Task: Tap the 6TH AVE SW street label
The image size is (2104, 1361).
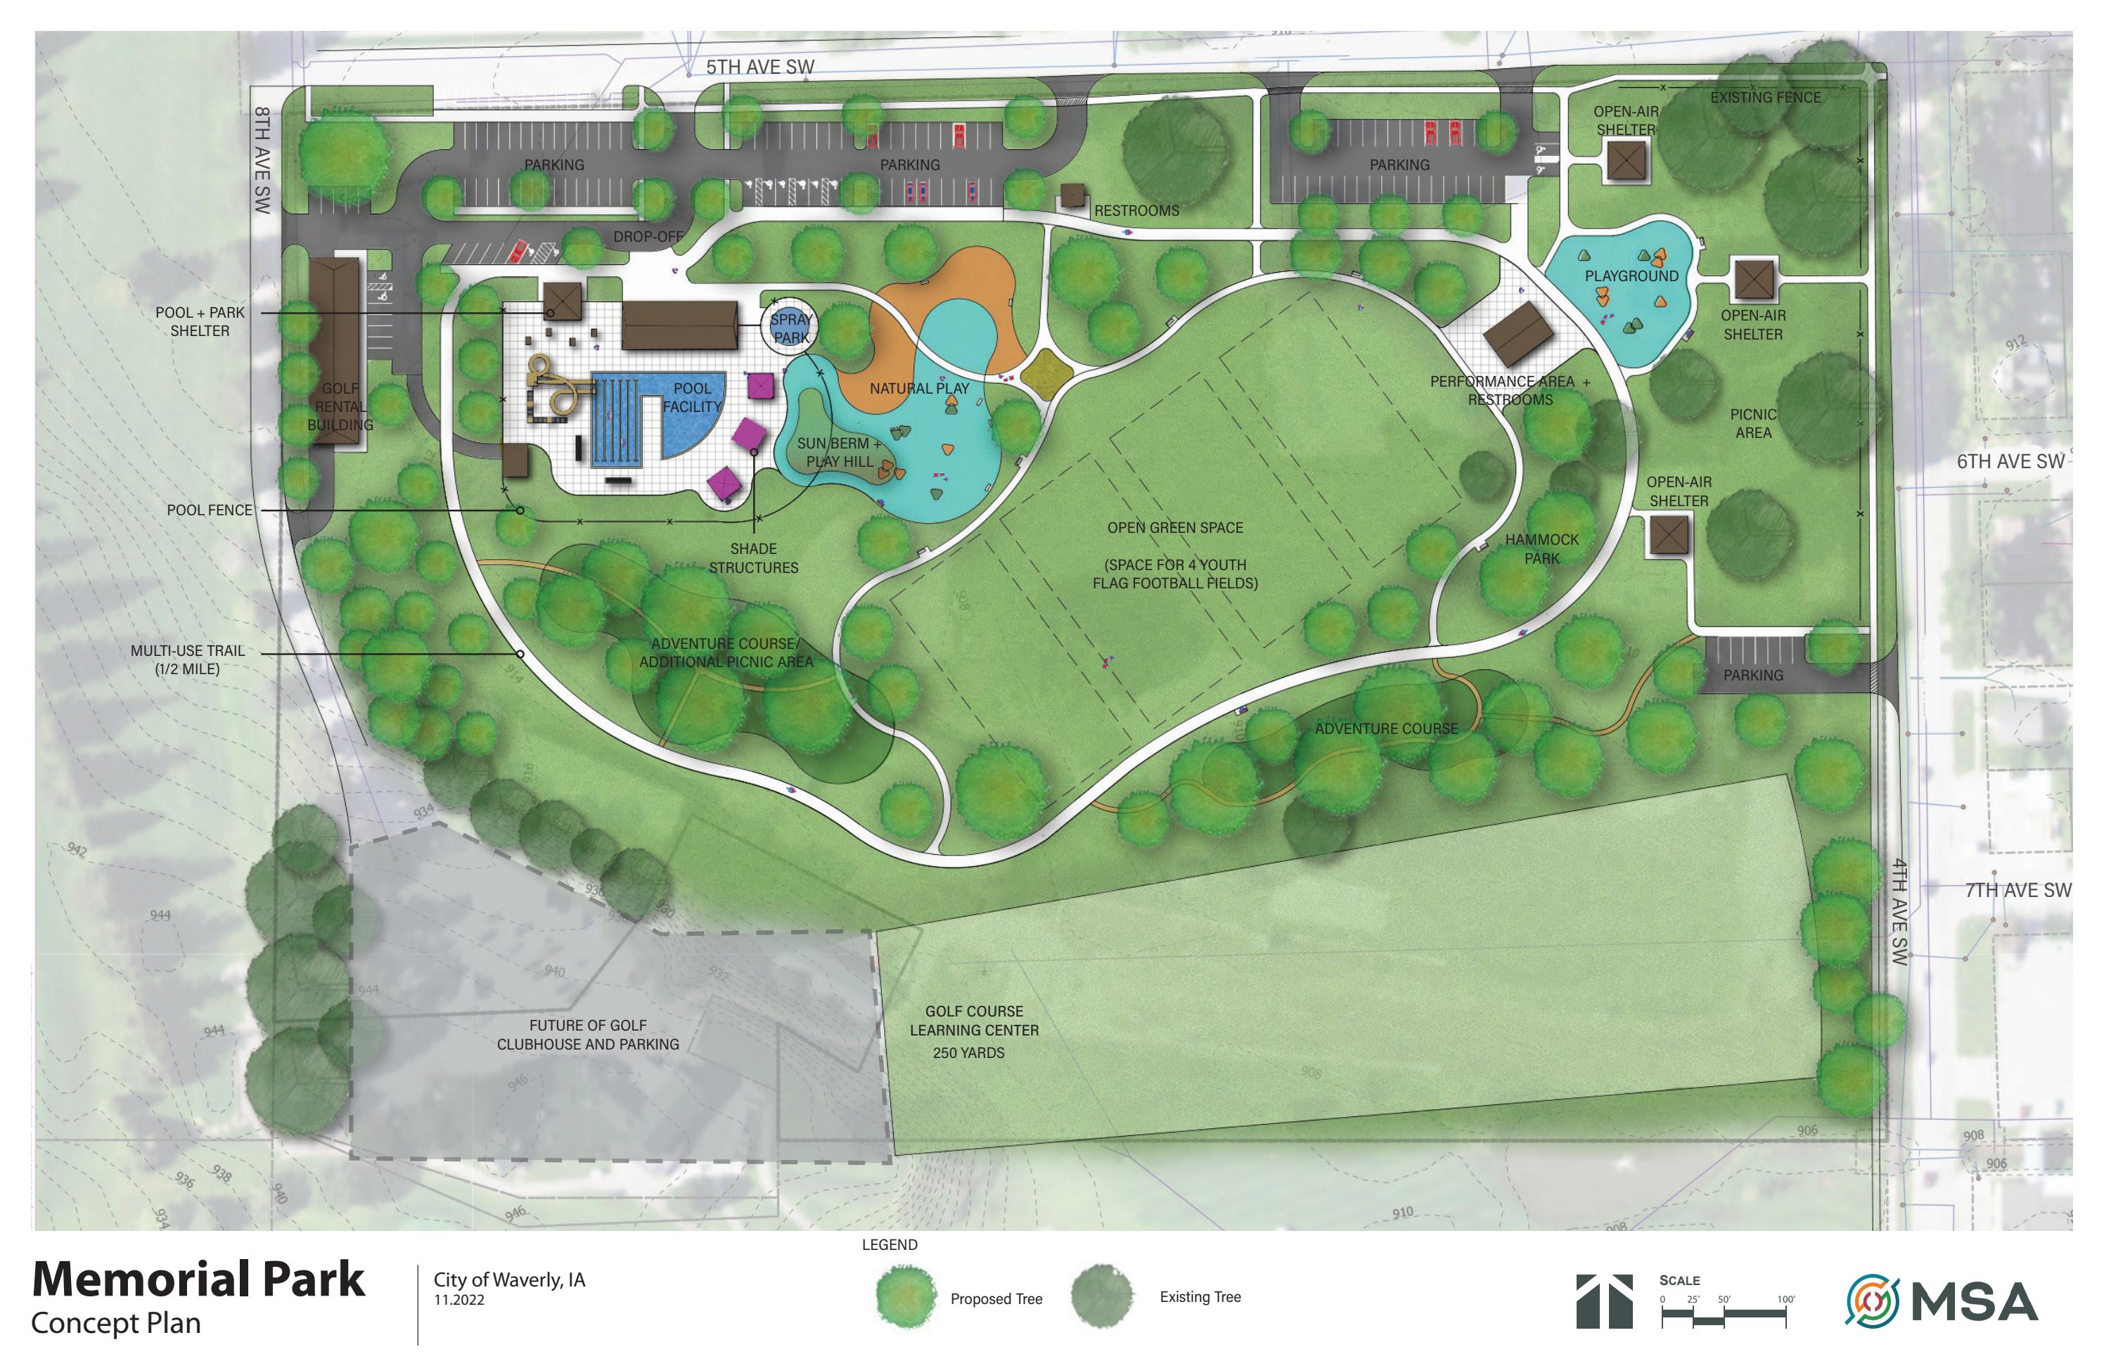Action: [x=2010, y=461]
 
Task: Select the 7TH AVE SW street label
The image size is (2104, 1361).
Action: [x=2018, y=890]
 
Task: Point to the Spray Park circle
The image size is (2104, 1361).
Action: [x=790, y=328]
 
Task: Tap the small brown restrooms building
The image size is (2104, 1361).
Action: [x=1072, y=195]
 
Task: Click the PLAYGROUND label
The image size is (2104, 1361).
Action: [x=1631, y=276]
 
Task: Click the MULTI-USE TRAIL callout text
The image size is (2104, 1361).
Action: [x=188, y=659]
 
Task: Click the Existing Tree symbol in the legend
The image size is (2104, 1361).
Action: [x=1101, y=1296]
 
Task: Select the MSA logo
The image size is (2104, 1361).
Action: [x=1942, y=1302]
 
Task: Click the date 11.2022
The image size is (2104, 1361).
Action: [x=458, y=1300]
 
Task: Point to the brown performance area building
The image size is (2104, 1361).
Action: [x=1518, y=334]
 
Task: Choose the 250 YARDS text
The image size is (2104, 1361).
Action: [x=968, y=1052]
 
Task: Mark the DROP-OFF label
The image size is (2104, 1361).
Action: [x=648, y=237]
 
